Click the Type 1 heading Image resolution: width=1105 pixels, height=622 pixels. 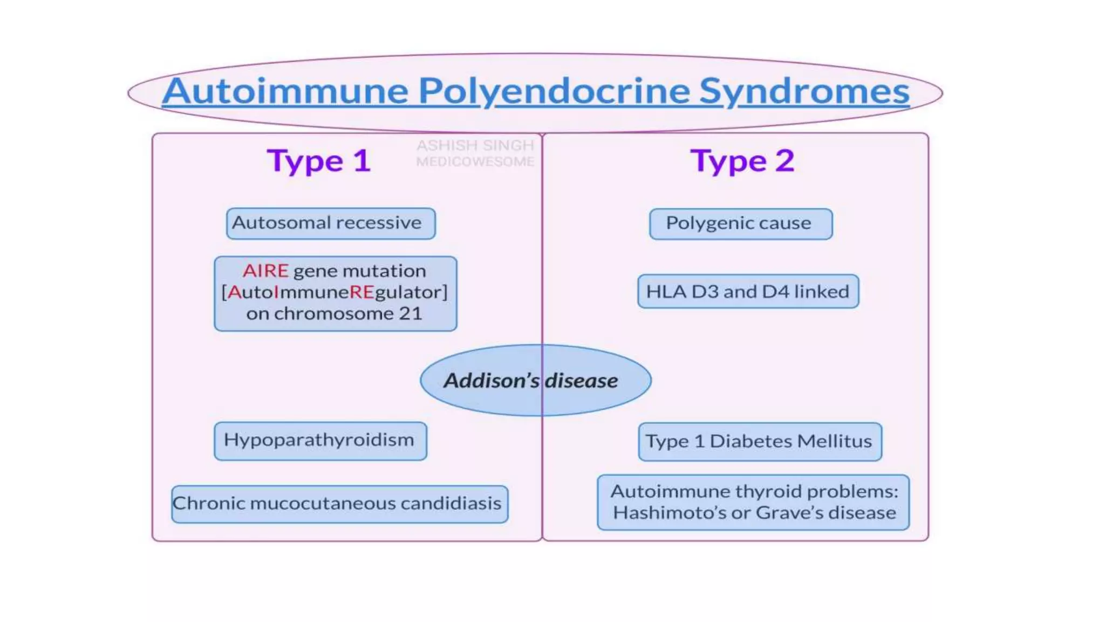tap(319, 161)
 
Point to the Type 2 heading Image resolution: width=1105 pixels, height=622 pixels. tap(742, 161)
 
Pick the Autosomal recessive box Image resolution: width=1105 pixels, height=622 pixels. tap(330, 223)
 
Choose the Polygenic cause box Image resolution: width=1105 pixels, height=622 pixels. tap(740, 224)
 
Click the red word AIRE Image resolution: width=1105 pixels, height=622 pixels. tap(265, 271)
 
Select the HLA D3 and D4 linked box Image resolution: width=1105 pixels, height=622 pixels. tap(748, 292)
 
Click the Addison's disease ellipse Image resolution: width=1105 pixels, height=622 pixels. tap(535, 381)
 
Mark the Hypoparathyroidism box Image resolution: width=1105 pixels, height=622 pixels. tap(320, 441)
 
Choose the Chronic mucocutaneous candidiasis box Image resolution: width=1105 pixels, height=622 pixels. tap(339, 504)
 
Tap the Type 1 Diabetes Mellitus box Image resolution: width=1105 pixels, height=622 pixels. tap(759, 442)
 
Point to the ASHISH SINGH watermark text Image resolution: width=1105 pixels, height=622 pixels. tap(475, 146)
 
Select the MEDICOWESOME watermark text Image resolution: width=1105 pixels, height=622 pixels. tap(475, 161)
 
